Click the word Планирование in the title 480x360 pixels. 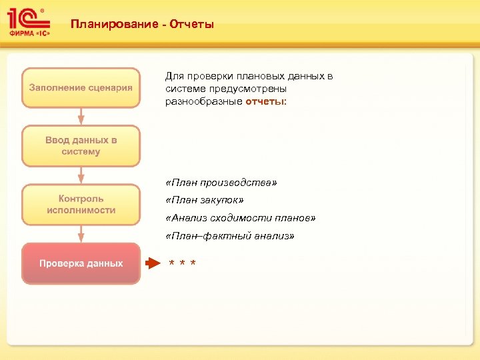pos(111,25)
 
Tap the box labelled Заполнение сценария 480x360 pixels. pos(81,87)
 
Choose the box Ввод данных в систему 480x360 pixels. pos(81,146)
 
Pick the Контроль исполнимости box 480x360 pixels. pos(81,205)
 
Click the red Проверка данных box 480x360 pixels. pos(81,263)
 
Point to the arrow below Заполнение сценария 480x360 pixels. pos(81,116)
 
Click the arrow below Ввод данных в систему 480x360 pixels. pos(81,175)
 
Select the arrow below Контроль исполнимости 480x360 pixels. pos(81,233)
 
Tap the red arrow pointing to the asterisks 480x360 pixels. pos(154,263)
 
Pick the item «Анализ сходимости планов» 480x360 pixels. pos(241,218)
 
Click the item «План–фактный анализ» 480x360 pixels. pos(229,236)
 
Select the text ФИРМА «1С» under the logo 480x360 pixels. pos(29,31)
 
